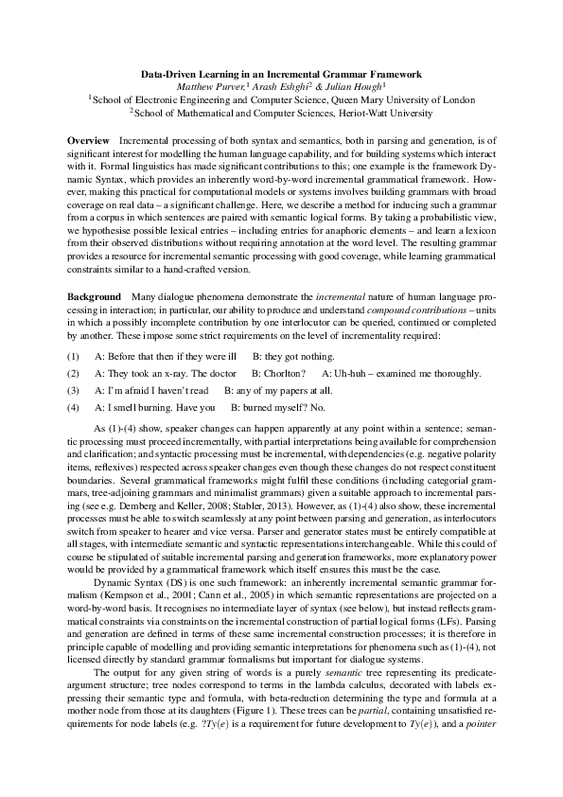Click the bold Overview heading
87,140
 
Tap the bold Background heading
94,297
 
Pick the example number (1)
73,357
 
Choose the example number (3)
73,390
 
